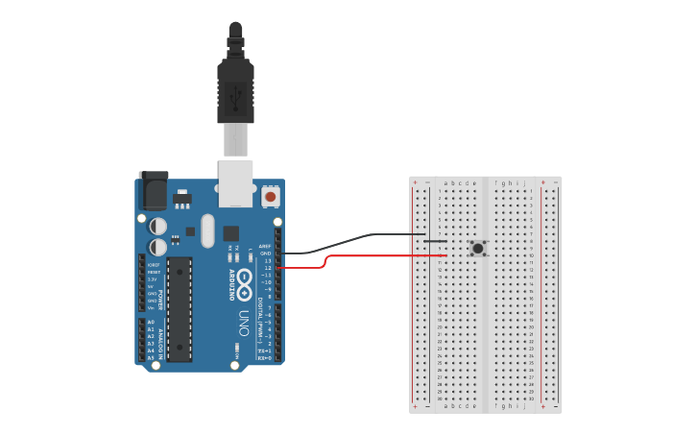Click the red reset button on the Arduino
point(270,197)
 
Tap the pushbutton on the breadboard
point(478,249)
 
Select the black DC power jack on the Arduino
point(153,191)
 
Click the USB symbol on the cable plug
point(236,95)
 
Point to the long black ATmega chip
point(180,309)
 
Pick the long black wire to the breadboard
point(365,236)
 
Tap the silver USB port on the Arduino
point(235,182)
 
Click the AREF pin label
point(265,246)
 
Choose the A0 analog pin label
point(151,322)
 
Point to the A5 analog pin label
point(151,357)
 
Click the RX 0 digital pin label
point(264,358)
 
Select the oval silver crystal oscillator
point(208,230)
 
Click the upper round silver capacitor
point(158,226)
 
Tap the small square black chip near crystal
point(231,232)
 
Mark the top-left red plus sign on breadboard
point(415,181)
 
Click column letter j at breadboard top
point(525,182)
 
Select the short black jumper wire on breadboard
point(434,241)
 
